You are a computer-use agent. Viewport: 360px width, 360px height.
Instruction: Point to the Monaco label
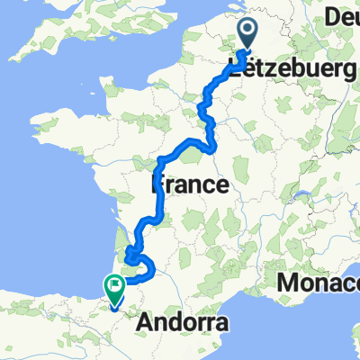pos(319,284)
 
